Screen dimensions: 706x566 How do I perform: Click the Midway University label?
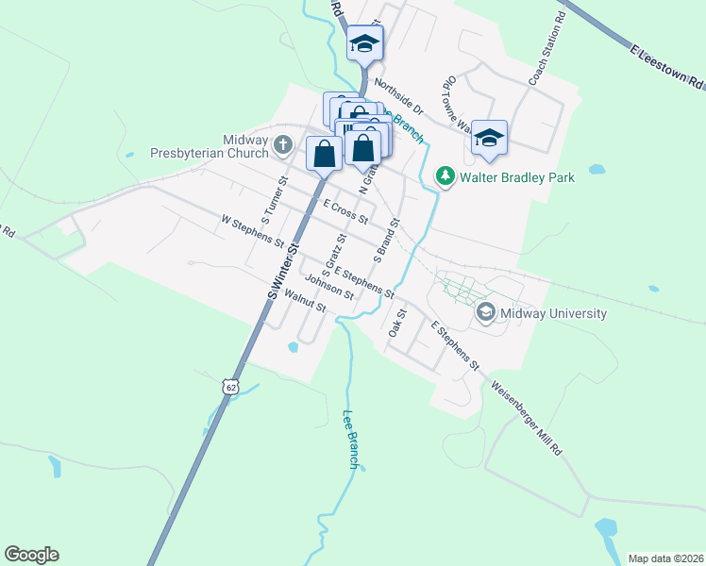pyautogui.click(x=554, y=313)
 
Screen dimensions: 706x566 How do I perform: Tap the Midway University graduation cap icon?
pyautogui.click(x=486, y=311)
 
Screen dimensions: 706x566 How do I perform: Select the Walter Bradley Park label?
pyautogui.click(x=504, y=176)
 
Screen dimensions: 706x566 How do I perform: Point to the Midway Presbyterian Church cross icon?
pyautogui.click(x=283, y=146)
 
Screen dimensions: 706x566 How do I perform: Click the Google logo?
pyautogui.click(x=31, y=555)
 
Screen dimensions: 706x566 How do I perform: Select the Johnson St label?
pyautogui.click(x=329, y=286)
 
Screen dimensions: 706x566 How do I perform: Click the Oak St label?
pyautogui.click(x=396, y=324)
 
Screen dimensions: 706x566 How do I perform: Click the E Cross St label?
pyautogui.click(x=345, y=211)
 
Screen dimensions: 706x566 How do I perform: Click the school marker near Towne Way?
pyautogui.click(x=489, y=138)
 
